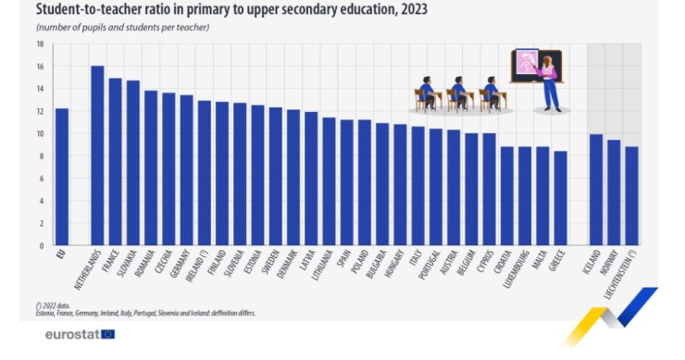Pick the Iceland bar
[x=596, y=190]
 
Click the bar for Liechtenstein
[x=631, y=195]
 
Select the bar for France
[x=116, y=162]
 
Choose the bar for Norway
[x=614, y=192]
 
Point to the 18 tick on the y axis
[x=40, y=43]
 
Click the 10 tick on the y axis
[x=40, y=133]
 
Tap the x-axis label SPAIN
[x=344, y=263]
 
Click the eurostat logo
[x=80, y=334]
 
